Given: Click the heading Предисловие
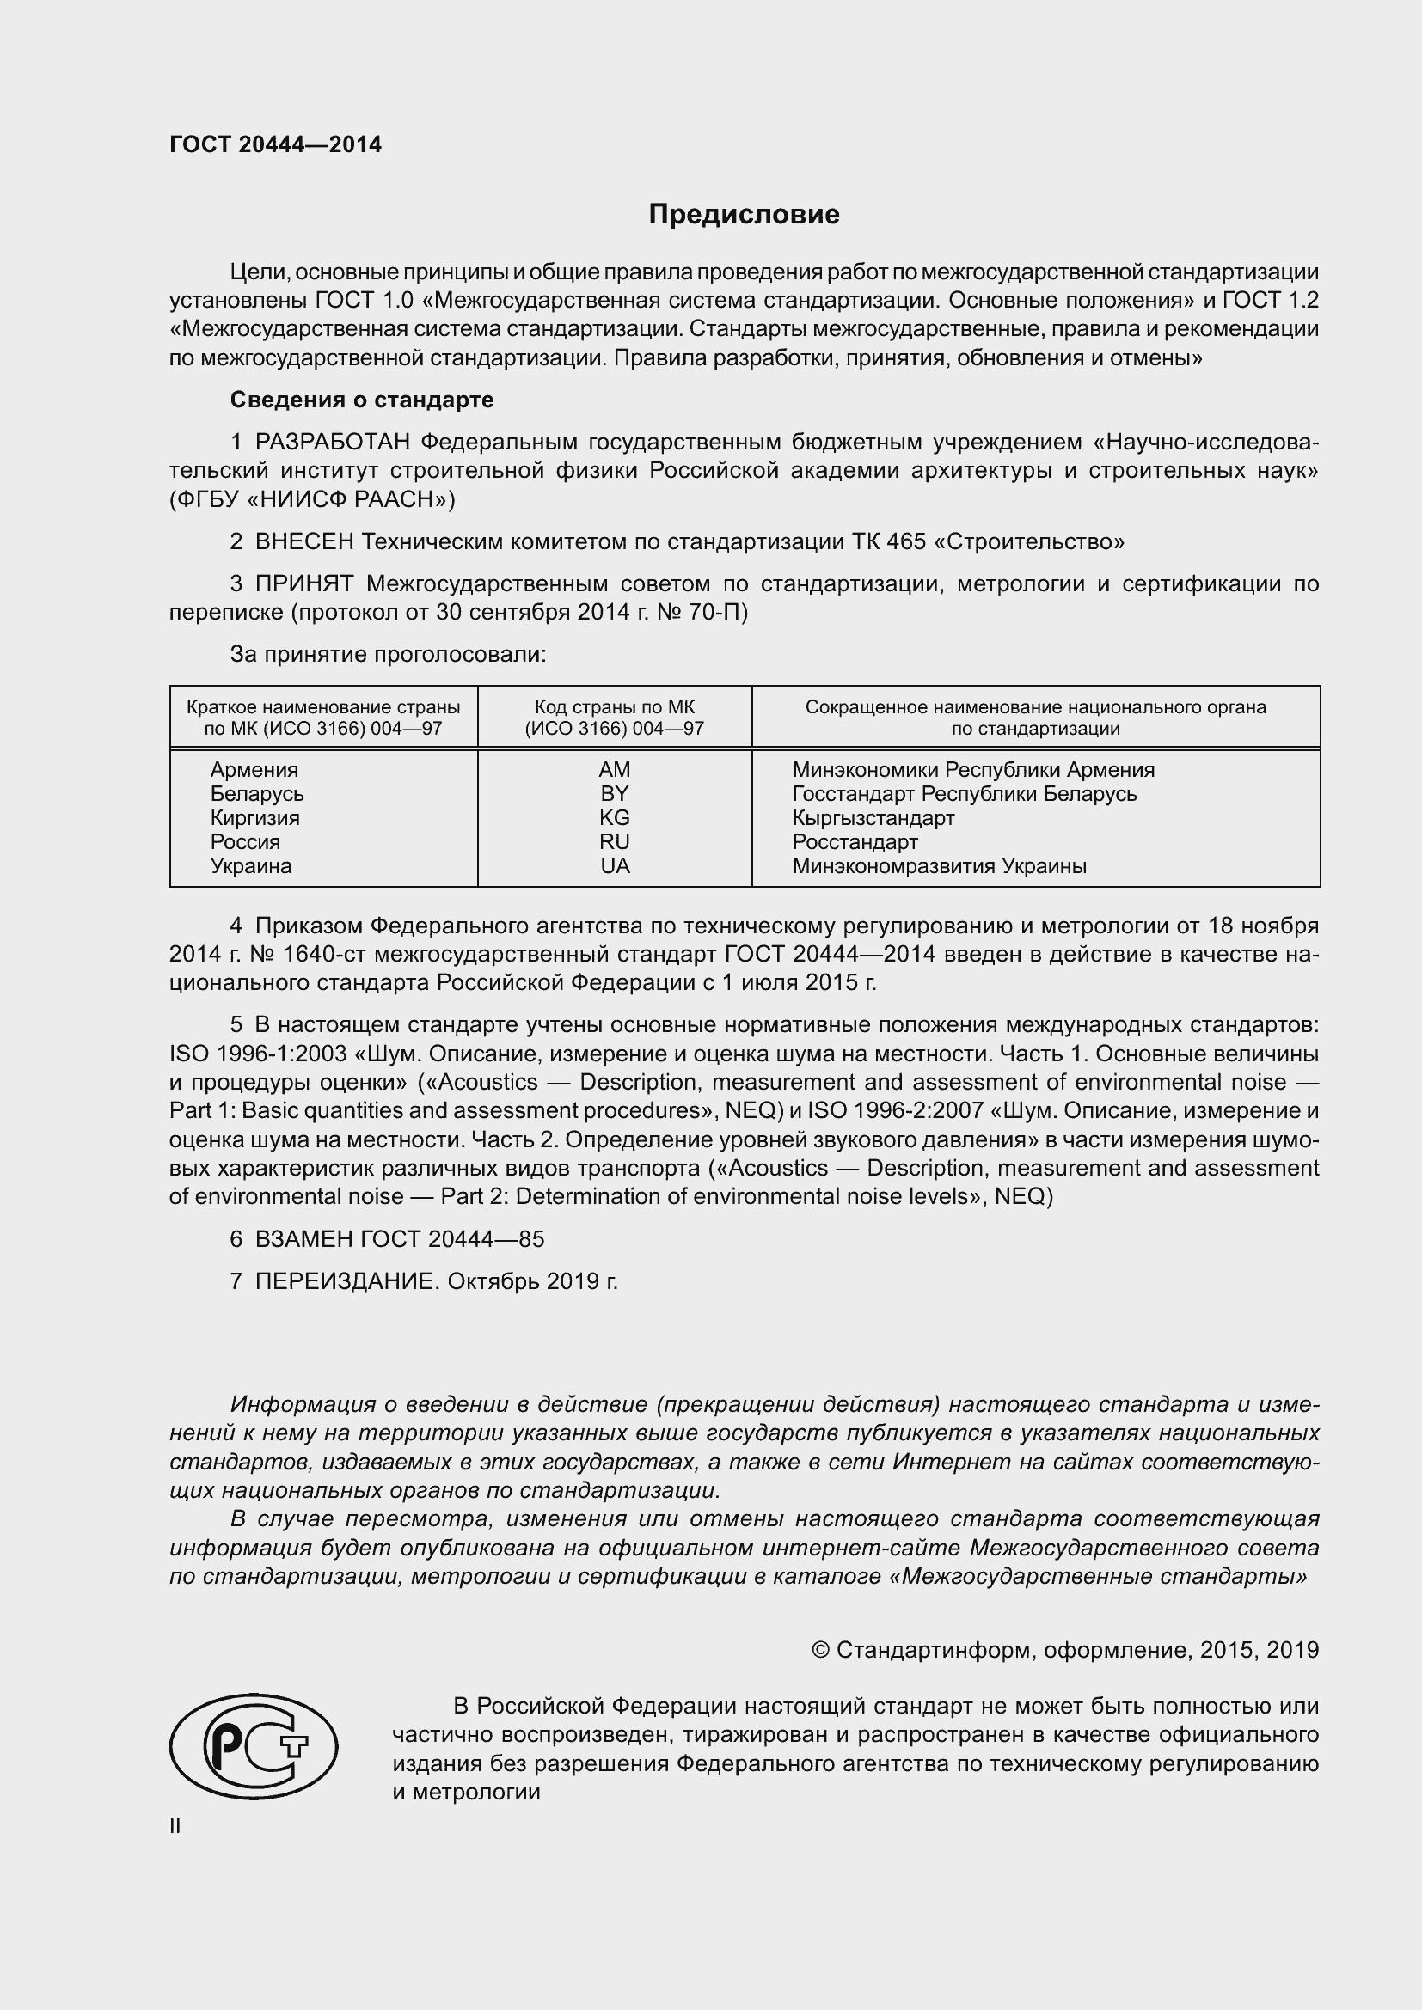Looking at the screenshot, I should click(x=744, y=215).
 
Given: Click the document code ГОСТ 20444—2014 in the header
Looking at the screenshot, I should click(x=275, y=144).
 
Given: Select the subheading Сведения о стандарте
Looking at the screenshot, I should click(x=362, y=400).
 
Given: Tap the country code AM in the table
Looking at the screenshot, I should click(x=614, y=769).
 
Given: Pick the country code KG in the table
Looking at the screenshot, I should click(x=614, y=817).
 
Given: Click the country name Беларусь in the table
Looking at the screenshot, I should click(x=256, y=794).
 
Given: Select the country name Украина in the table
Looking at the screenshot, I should click(x=250, y=866).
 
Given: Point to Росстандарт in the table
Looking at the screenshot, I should click(x=855, y=842).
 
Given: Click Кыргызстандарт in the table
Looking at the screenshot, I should click(x=873, y=817).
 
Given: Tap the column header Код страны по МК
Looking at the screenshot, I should click(x=614, y=707).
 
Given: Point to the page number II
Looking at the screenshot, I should click(x=175, y=1826).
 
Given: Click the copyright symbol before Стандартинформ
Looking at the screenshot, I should click(x=820, y=1650).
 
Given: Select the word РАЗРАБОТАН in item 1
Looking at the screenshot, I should click(x=333, y=443).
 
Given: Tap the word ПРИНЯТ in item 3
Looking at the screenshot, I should click(x=303, y=583).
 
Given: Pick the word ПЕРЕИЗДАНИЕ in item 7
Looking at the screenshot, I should click(x=345, y=1281).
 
